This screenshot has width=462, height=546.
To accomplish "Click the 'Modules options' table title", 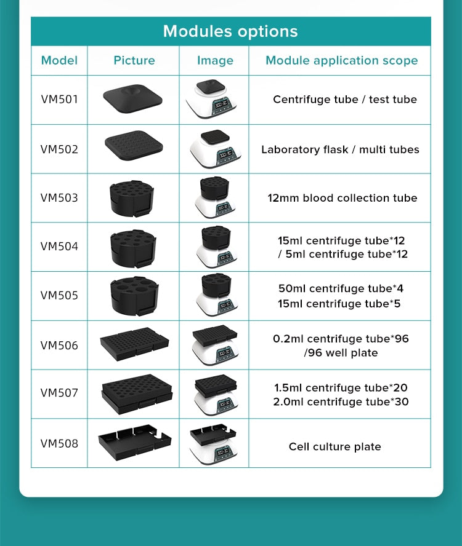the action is [x=230, y=31].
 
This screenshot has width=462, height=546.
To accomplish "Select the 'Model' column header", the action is [x=59, y=61].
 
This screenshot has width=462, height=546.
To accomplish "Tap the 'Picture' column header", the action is [x=134, y=61].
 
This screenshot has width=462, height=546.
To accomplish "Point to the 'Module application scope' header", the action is [x=342, y=61].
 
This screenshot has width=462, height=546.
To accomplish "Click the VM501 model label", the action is [x=59, y=100].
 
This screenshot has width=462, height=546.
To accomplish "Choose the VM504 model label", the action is [x=59, y=247].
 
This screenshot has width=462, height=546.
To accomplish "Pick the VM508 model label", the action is [x=59, y=444].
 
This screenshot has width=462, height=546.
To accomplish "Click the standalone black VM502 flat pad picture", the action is [x=134, y=145].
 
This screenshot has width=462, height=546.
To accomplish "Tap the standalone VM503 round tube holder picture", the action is [x=132, y=199].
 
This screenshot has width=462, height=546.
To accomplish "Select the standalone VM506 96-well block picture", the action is [x=134, y=344].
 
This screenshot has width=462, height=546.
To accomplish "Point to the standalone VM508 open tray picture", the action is [x=135, y=443].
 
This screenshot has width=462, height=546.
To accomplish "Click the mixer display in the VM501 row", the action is [x=222, y=105].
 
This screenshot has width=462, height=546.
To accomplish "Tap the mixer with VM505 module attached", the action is [x=217, y=295].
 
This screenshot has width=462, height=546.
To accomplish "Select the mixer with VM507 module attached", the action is [x=216, y=394].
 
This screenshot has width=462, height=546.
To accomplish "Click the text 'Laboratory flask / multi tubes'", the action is [x=340, y=150].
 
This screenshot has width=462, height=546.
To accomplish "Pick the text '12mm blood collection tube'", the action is [x=342, y=198].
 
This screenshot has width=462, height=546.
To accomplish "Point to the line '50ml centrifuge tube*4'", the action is [x=341, y=288].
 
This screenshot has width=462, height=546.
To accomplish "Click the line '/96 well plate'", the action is [x=341, y=353].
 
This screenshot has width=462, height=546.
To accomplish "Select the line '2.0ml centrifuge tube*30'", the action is [x=341, y=402].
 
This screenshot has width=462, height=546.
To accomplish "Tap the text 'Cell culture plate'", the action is [x=335, y=447].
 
